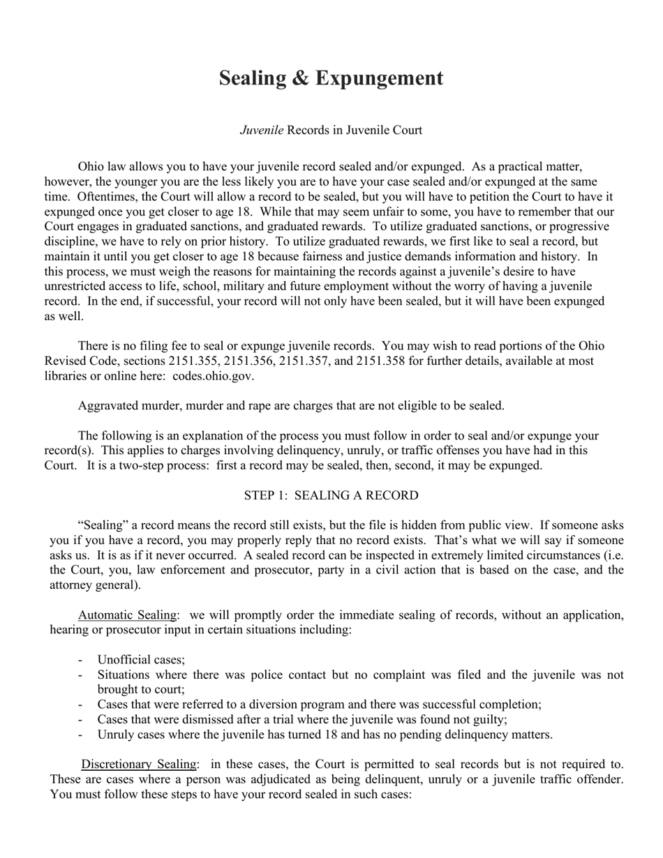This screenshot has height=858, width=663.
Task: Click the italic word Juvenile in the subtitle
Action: (262, 130)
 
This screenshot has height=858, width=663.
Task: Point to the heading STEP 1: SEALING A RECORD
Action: (331, 495)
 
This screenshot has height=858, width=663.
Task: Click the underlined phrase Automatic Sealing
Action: (127, 615)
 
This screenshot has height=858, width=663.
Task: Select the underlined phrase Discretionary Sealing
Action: (140, 765)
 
